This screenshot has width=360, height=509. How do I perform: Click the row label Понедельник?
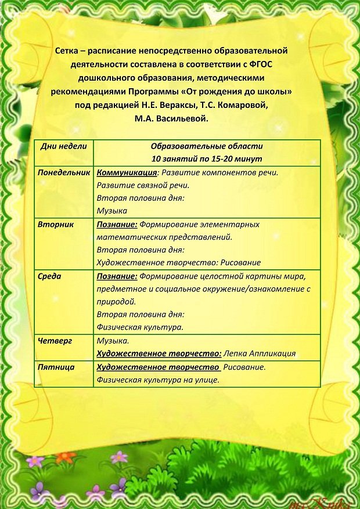(x=64, y=173)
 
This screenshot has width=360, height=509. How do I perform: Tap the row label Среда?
(x=49, y=276)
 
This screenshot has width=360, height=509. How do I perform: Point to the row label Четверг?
(x=55, y=341)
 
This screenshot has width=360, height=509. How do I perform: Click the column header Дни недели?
(x=63, y=146)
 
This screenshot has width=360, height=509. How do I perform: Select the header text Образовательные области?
(x=207, y=146)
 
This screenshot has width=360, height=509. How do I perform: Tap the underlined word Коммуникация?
(x=127, y=173)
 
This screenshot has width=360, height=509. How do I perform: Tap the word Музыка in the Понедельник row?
(x=112, y=211)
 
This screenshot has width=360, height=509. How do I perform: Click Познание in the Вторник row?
(x=117, y=224)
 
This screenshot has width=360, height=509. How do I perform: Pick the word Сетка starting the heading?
(x=69, y=50)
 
